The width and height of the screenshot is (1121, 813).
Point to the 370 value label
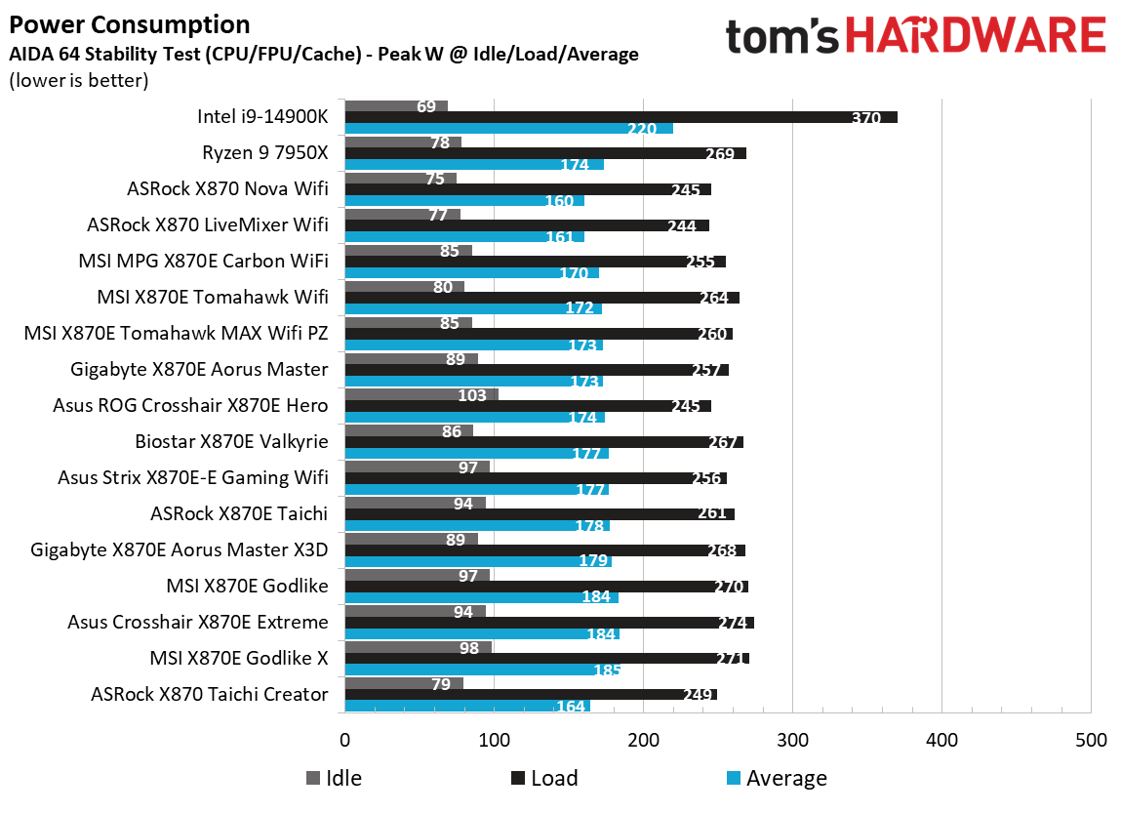865,118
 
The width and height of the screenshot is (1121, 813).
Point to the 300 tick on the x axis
791,740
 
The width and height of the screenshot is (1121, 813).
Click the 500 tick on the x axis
1090,740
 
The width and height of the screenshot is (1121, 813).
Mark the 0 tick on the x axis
344,740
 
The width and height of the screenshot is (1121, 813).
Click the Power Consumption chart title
129,24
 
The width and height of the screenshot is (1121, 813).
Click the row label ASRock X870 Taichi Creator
209,694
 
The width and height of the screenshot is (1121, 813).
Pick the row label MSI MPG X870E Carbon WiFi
203,261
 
